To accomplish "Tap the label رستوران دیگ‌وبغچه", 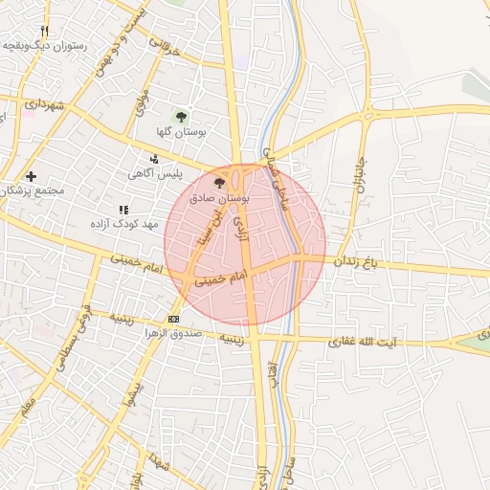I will (45, 45).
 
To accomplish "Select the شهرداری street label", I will (44, 103).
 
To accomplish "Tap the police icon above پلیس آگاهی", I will (155, 159).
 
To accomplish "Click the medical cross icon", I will (32, 176).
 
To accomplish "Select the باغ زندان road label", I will (358, 260).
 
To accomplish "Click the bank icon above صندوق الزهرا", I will (173, 319).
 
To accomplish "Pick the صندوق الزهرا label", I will (173, 333).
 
